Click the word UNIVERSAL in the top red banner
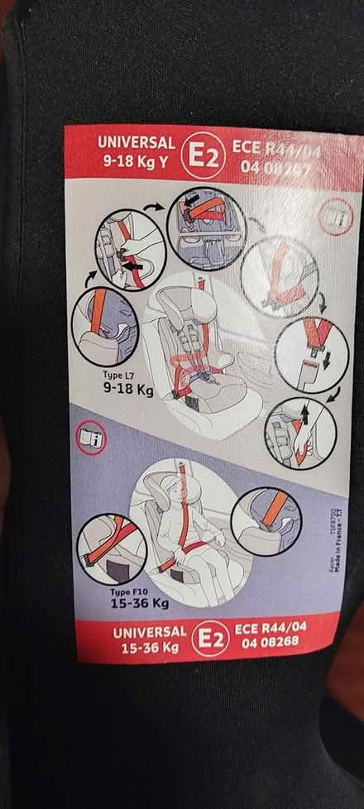click(x=136, y=141)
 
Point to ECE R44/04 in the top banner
click(x=278, y=151)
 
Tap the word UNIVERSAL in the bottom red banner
click(x=134, y=633)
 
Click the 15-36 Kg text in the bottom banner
click(x=135, y=647)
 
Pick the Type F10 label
click(x=128, y=591)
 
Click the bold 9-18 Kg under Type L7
click(x=128, y=387)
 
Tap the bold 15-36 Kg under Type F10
click(x=138, y=604)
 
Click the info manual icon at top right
click(x=337, y=216)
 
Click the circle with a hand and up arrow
click(x=301, y=433)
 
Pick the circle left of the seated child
click(x=112, y=547)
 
